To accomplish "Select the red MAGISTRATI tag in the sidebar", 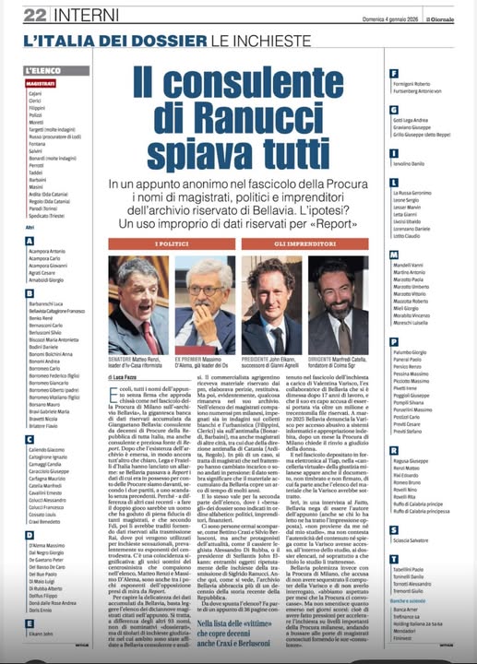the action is click(x=42, y=83).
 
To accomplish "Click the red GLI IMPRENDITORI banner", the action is click(x=301, y=243).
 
